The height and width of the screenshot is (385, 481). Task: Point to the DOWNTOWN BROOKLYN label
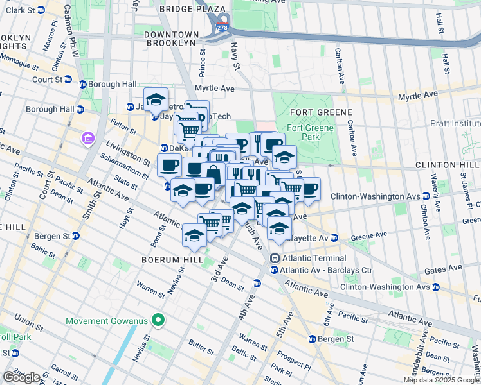(170, 38)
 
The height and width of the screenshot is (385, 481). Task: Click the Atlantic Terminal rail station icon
(275, 258)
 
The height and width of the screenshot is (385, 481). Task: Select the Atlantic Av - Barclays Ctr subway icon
(275, 270)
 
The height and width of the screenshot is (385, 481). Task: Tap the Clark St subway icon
(41, 10)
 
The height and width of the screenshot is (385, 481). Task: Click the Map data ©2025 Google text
(442, 380)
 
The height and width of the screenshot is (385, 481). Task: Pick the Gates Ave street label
(448, 268)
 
